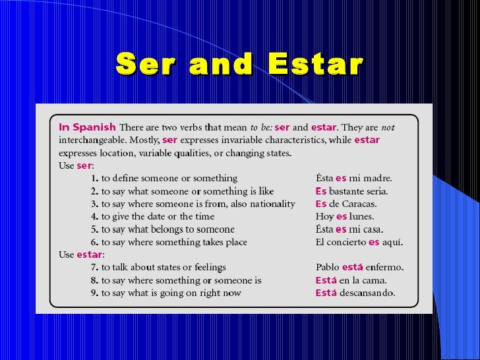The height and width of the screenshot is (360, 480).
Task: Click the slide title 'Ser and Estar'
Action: [x=239, y=65]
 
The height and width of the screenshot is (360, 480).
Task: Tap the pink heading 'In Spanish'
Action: [x=87, y=127]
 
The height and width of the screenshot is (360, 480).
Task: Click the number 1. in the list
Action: [x=95, y=178]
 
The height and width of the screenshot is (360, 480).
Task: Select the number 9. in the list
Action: [x=95, y=293]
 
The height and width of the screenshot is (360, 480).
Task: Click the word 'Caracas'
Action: [x=361, y=204]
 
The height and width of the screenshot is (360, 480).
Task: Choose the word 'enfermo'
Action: [x=384, y=268]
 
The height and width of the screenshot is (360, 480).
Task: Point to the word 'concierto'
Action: [x=345, y=242]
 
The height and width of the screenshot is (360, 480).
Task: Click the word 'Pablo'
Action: [x=328, y=268]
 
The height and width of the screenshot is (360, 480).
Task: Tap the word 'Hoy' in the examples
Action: [x=324, y=216]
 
